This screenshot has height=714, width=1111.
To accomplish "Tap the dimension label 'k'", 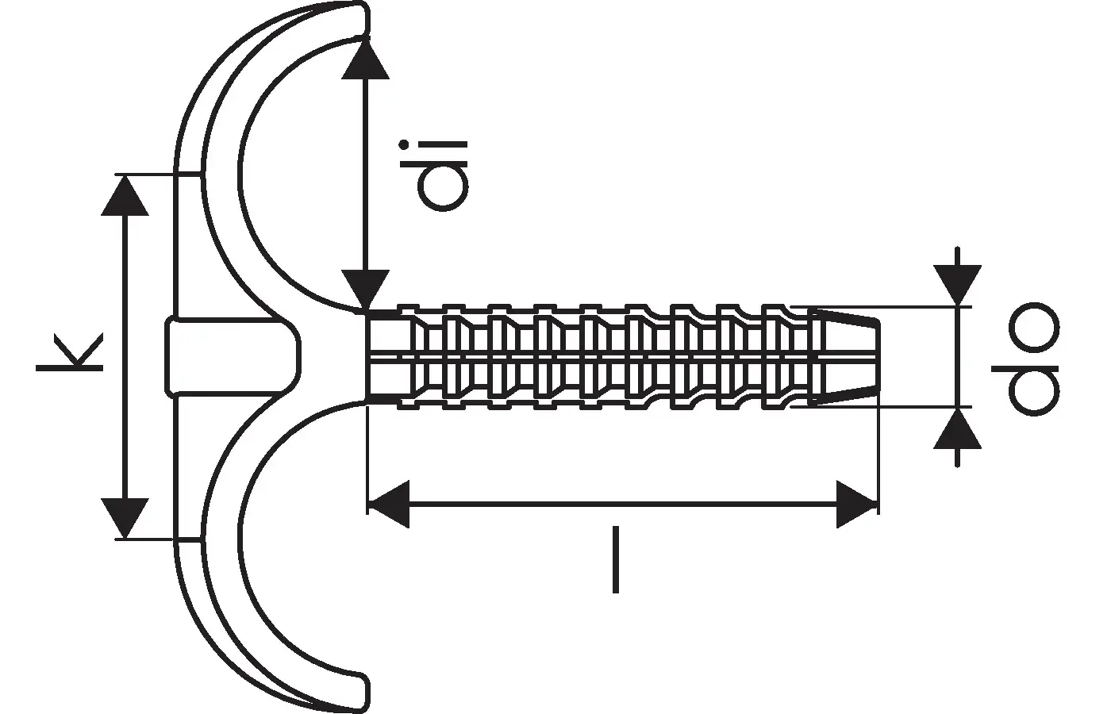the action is (x=70, y=351).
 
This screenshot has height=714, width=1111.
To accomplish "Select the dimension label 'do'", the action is (x=1025, y=359).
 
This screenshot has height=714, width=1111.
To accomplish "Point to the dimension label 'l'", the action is (x=616, y=559).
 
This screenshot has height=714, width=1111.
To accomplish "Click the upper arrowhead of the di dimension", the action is (x=366, y=59).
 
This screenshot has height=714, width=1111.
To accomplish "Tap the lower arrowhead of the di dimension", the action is (x=366, y=291).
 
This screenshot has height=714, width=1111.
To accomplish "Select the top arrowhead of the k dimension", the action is (x=125, y=195).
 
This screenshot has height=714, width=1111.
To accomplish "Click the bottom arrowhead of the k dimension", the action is (x=125, y=519).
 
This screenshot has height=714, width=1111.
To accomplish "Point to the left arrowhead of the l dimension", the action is (x=388, y=505).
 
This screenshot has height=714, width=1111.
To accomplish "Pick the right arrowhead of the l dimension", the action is (x=857, y=505).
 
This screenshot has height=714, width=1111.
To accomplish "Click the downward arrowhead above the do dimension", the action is (x=957, y=285).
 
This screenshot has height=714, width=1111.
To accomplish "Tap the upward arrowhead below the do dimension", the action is (x=957, y=429).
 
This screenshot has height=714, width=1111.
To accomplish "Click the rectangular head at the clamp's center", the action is (x=232, y=356).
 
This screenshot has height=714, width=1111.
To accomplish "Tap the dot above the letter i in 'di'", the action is (x=404, y=144).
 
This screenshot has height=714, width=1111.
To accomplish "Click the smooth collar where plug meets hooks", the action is (x=389, y=357).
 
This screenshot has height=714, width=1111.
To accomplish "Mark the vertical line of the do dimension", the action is (x=957, y=357).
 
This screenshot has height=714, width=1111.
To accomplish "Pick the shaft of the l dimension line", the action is (x=622, y=505).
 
